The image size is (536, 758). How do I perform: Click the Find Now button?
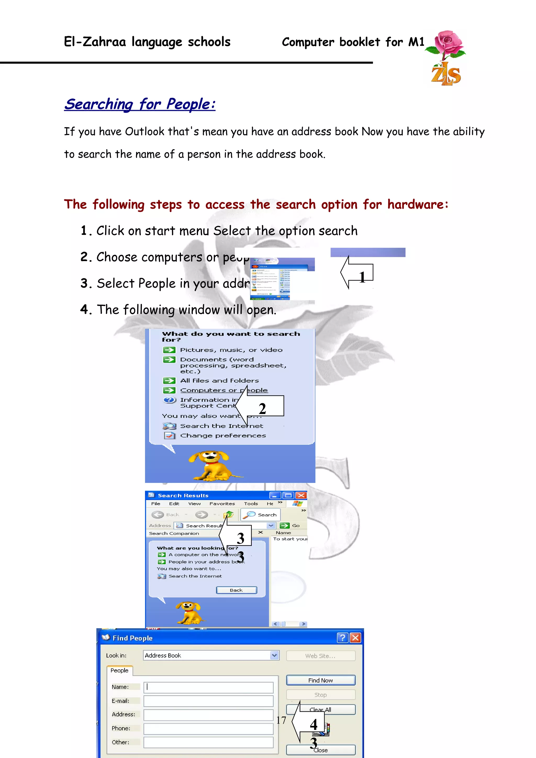tap(320, 680)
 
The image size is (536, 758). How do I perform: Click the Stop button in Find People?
tap(320, 695)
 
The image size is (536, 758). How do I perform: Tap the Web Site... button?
tap(320, 656)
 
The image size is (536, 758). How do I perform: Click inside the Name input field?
tap(208, 687)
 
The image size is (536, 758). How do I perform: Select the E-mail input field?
tap(208, 701)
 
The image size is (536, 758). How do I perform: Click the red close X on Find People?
tap(355, 638)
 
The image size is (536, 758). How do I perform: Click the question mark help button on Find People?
tap(343, 638)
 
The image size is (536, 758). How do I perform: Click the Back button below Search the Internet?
tap(236, 590)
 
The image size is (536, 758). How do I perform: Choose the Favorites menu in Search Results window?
tap(222, 504)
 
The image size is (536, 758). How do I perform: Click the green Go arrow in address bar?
tap(284, 525)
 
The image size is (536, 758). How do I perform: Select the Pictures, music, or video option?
tap(231, 350)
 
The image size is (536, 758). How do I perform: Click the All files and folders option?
tap(219, 381)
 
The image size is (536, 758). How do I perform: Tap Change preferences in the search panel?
tap(223, 436)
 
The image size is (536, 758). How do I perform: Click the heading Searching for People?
tap(140, 104)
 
